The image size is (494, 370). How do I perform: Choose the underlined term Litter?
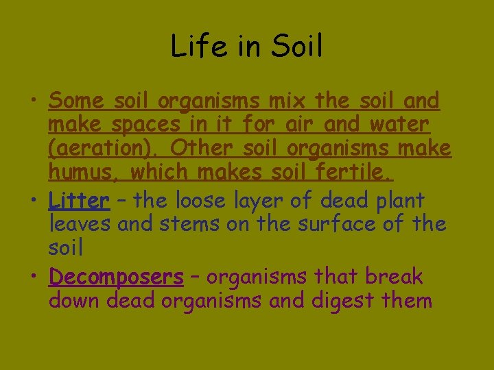point(79,201)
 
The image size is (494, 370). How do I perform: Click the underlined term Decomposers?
point(116,277)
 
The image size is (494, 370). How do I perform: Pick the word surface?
point(325,224)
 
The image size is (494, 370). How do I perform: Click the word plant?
point(393,201)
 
